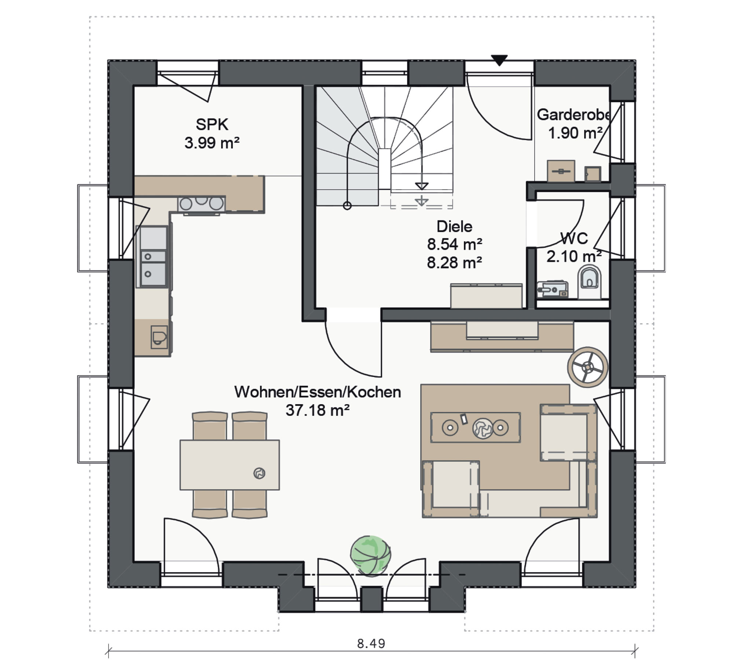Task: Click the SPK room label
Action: coord(212,125)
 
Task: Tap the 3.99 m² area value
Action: coord(212,143)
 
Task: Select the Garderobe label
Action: coord(573,115)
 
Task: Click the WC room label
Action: coord(574,238)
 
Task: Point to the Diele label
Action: coord(454,226)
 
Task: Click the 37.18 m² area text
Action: coord(318,410)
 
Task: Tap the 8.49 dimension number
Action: coord(371,644)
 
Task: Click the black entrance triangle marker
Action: coord(499,60)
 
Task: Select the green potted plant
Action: coord(370,555)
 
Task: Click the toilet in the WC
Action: coord(590,282)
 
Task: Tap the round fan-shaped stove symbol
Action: coord(587,367)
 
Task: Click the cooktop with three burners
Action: coord(201,204)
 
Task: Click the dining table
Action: coord(230,465)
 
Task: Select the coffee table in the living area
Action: coord(476,427)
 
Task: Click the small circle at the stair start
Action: coord(347,206)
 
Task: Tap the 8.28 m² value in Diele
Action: coord(454,263)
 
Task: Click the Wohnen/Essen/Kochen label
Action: coord(318,392)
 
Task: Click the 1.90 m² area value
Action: coord(575,133)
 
